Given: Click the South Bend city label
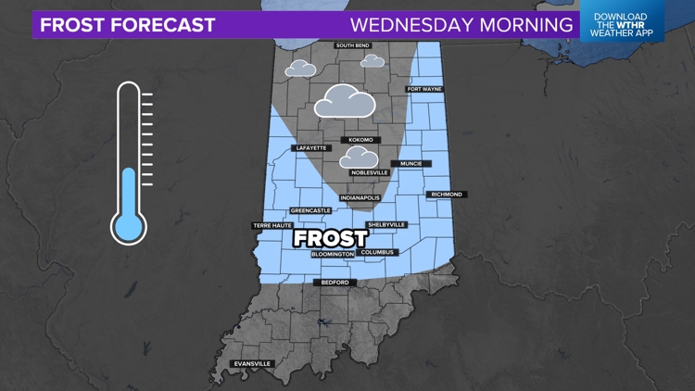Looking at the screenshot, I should point(352,45).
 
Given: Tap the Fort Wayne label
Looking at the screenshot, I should point(424,89).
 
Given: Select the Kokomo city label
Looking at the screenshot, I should point(360,140).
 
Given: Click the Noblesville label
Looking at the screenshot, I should point(370,172).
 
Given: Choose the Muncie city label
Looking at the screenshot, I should point(411,164).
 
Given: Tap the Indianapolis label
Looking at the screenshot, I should point(360,197).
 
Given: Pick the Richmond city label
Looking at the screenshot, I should point(445,195).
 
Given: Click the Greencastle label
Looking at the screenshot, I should point(307,210).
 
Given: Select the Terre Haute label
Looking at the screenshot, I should point(272,225).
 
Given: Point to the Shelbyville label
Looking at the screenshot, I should point(386,225).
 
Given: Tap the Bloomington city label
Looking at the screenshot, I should point(333,253).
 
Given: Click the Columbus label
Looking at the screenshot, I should point(378,252).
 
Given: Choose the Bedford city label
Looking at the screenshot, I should point(335,283).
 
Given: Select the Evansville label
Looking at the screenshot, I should point(252,364).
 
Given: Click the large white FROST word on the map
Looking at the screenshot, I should point(330,237).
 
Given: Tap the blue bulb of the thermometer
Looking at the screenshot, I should point(129,225).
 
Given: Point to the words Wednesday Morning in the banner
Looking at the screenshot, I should point(460,24).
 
